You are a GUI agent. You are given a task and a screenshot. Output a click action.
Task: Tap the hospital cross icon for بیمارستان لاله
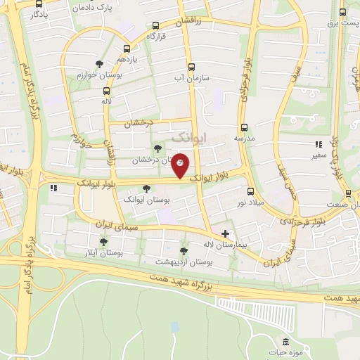pos(225,233)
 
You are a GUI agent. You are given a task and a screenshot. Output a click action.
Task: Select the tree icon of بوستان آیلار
pos(103,242)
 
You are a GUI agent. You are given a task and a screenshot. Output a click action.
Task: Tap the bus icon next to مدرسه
pos(245,127)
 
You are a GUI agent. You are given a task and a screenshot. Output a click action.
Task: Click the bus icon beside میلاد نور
pos(251,191)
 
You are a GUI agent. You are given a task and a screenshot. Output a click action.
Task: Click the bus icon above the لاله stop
pos(107,91)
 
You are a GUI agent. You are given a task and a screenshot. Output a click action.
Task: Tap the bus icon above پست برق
pos(342,12)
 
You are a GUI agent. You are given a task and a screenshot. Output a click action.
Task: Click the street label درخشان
pos(138,122)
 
